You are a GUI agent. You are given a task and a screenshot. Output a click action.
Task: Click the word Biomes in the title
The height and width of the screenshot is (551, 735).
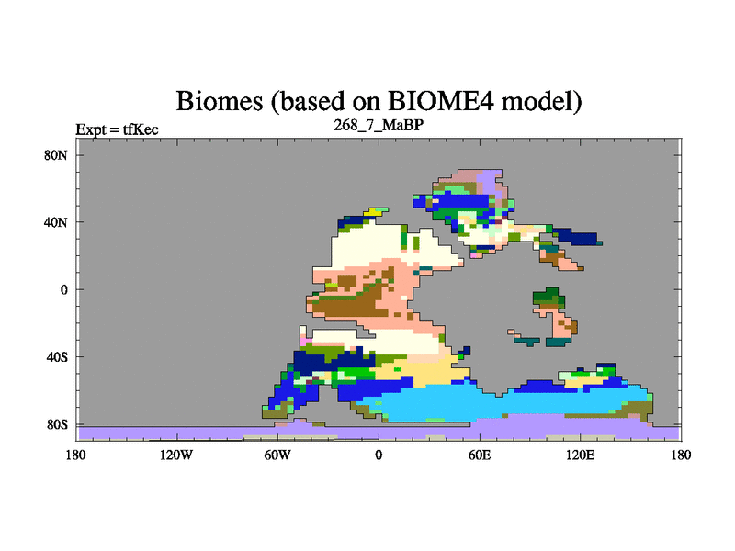pyautogui.click(x=220, y=101)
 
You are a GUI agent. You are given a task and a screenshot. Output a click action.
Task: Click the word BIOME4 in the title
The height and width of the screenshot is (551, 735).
pyautogui.click(x=440, y=101)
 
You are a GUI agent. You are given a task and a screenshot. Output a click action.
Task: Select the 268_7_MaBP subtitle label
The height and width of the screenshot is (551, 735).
pyautogui.click(x=379, y=125)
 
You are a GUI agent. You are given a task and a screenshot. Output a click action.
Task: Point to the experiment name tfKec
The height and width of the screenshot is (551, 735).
pyautogui.click(x=141, y=129)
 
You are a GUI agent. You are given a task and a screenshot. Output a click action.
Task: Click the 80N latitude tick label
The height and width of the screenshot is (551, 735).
pyautogui.click(x=56, y=155)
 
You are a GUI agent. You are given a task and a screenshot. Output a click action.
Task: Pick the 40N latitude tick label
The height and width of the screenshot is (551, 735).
pyautogui.click(x=56, y=222)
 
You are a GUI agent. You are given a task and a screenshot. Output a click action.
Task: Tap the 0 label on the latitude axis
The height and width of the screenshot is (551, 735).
pyautogui.click(x=63, y=289)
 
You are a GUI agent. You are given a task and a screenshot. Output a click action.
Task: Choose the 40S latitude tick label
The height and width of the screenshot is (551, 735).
pyautogui.click(x=57, y=357)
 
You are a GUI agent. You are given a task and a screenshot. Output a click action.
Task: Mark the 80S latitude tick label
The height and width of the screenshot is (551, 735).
pyautogui.click(x=57, y=424)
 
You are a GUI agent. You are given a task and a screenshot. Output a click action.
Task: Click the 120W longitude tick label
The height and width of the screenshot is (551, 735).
pyautogui.click(x=176, y=455)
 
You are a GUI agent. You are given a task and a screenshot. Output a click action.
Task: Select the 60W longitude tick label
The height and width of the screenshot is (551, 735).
pyautogui.click(x=277, y=455)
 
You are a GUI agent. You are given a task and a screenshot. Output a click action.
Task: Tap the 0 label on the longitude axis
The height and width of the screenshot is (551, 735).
pyautogui.click(x=379, y=455)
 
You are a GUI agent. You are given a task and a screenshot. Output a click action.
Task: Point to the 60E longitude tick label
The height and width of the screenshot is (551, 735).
pyautogui.click(x=480, y=455)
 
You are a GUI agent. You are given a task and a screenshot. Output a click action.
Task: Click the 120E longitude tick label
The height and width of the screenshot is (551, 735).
pyautogui.click(x=581, y=455)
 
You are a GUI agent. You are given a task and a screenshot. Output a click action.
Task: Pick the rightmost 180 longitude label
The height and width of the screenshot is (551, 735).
pyautogui.click(x=681, y=455)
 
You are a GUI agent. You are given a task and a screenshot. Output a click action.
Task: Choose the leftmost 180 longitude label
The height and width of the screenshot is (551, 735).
pyautogui.click(x=76, y=455)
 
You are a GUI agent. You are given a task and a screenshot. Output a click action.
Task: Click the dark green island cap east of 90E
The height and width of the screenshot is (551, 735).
pyautogui.click(x=548, y=297)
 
